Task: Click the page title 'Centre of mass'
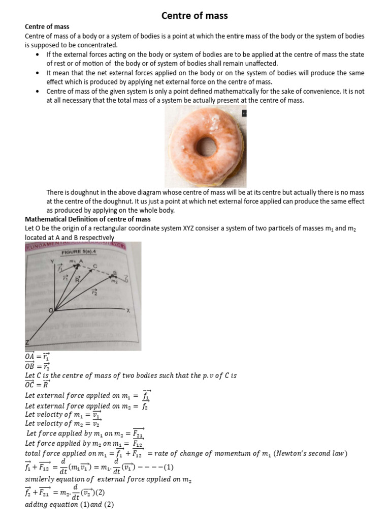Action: tap(194, 16)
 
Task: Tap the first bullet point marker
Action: tap(39, 54)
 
